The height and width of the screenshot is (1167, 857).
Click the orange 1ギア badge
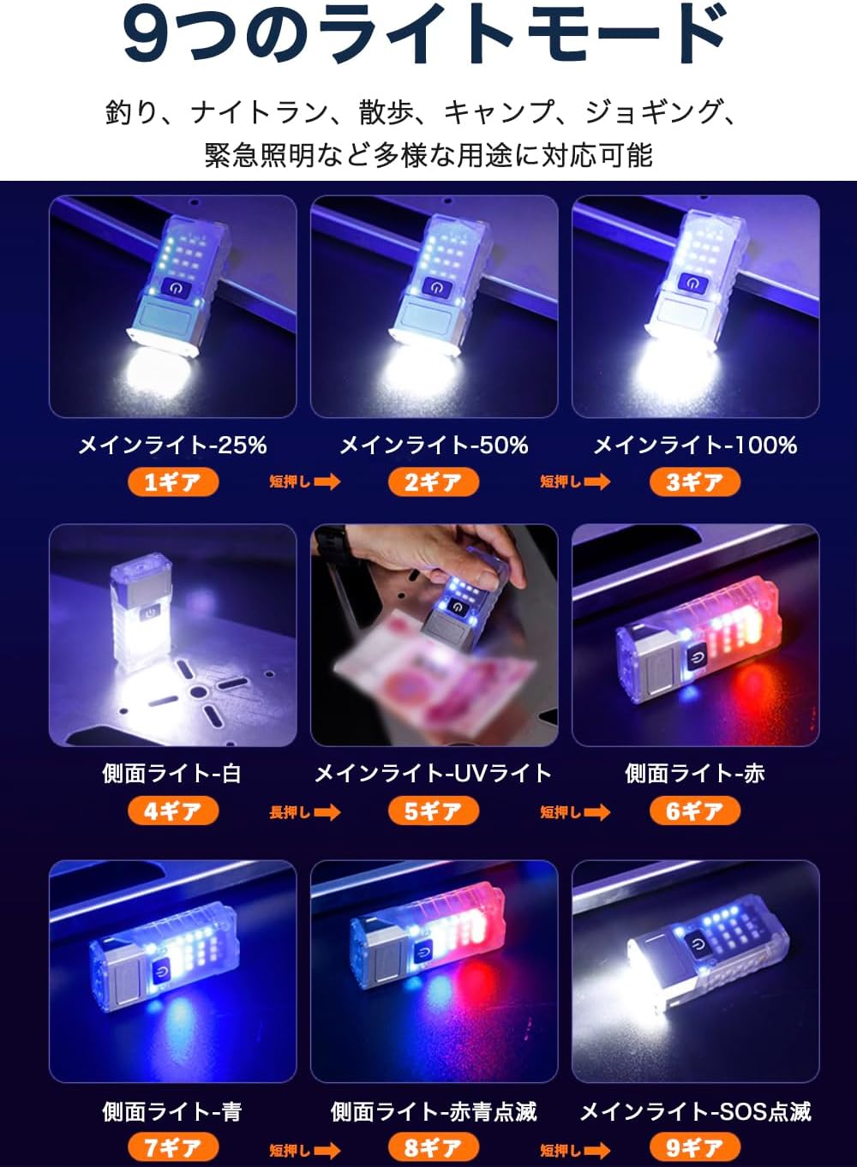(x=173, y=482)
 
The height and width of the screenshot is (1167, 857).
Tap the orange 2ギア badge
(x=434, y=482)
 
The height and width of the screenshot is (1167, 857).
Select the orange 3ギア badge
(x=695, y=482)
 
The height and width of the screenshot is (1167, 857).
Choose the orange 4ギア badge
(x=173, y=811)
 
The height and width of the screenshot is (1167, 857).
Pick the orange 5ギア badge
(x=434, y=811)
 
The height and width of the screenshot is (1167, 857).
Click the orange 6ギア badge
(x=695, y=811)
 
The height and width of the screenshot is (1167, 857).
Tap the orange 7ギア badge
(x=173, y=1146)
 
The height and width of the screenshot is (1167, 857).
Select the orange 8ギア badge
(x=434, y=1146)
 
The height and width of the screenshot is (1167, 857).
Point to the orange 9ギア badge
(x=695, y=1146)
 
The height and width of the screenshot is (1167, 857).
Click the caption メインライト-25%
(x=172, y=446)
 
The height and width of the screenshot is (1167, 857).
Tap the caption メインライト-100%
(x=696, y=446)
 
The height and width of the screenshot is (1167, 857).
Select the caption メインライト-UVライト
(x=434, y=774)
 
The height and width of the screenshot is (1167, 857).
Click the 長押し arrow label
(x=305, y=812)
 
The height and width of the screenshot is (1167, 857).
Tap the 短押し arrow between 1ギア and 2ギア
(x=305, y=482)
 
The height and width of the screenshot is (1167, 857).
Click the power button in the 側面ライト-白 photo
(x=150, y=613)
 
